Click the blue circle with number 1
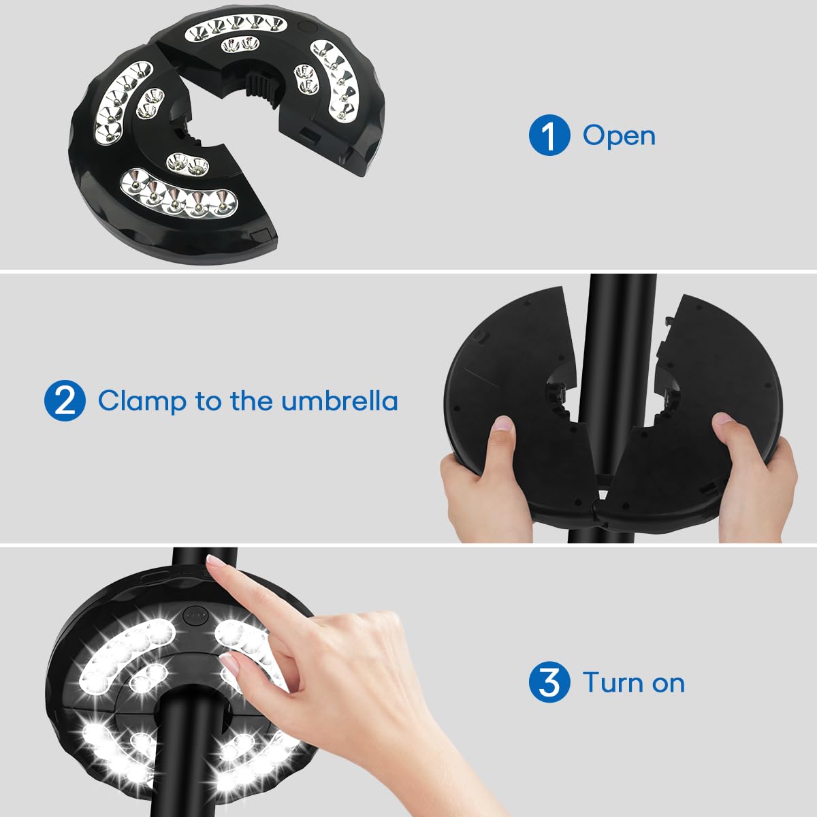click(549, 135)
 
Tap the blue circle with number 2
click(65, 400)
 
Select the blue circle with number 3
click(549, 682)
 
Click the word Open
click(619, 137)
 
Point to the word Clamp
click(142, 401)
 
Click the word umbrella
click(340, 400)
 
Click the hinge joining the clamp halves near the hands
click(597, 504)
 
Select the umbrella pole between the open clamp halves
click(614, 373)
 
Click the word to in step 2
click(208, 402)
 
